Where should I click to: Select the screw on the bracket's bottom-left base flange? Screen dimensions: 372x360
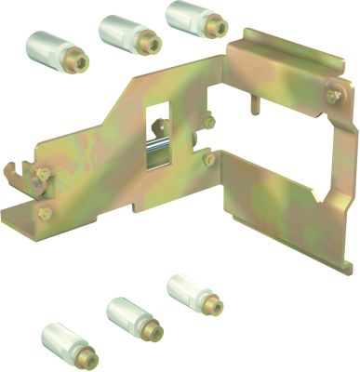[45, 213]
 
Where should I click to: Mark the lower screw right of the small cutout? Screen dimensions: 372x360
[208, 159]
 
